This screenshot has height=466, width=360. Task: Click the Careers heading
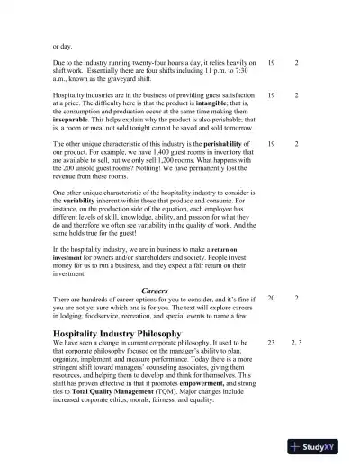[155, 291]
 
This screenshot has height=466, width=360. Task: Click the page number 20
[271, 298]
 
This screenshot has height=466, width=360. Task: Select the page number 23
[271, 343]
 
